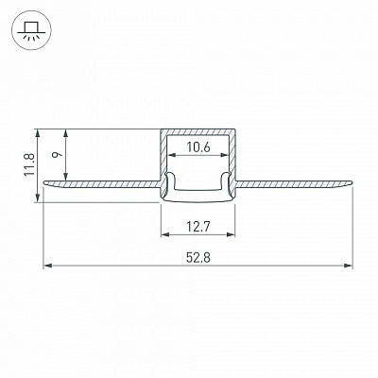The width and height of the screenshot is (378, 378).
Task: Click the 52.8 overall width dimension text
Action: tap(198, 258)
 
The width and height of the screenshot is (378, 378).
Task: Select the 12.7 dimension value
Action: tap(198, 227)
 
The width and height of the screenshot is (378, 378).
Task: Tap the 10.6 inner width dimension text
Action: tap(198, 147)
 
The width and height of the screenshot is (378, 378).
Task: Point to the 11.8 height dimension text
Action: tap(30, 164)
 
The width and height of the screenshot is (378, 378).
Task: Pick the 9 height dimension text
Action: tap(58, 155)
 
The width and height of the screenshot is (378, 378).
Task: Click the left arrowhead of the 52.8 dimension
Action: tap(47, 266)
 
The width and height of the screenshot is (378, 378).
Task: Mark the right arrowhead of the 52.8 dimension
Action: tap(348, 266)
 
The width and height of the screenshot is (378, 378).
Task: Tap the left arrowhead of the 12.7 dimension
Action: tap(165, 234)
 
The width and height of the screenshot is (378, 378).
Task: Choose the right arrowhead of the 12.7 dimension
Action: tap(231, 234)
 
